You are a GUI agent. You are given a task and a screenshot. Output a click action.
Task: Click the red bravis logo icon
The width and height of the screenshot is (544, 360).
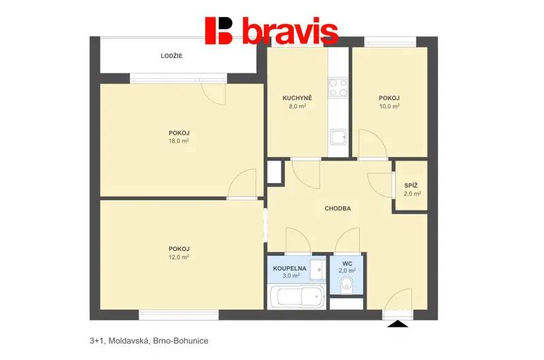point(219,31)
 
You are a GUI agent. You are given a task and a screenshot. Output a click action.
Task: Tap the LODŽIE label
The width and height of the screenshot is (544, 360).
point(171,56)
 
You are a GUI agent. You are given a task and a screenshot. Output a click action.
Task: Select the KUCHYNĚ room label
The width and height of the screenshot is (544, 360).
point(297,98)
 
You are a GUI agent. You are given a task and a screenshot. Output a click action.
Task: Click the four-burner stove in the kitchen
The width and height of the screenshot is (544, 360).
point(338,88)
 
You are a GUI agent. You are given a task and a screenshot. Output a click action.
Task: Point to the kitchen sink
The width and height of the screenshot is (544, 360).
point(338,137)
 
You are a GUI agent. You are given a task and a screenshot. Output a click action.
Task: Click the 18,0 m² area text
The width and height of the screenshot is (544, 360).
point(179,141)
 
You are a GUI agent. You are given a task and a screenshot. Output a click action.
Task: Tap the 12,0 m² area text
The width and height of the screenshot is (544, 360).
point(179,257)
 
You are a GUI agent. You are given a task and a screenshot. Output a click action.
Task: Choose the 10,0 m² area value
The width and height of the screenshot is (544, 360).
point(389,106)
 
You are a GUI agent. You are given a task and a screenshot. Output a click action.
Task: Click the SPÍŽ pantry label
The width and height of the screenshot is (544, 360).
point(411,186)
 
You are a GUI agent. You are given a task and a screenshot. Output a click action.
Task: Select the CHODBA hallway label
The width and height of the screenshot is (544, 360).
point(337,209)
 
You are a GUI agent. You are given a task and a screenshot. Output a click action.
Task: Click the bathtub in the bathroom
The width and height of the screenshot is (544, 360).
point(297,297)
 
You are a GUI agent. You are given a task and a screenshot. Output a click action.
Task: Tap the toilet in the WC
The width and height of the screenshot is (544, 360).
point(346,285)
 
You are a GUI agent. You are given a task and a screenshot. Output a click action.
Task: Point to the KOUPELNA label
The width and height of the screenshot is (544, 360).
point(290,268)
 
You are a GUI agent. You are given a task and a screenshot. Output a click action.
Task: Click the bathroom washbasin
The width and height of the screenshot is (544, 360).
point(318,269)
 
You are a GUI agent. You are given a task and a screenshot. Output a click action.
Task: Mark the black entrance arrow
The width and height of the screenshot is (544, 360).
point(398,324)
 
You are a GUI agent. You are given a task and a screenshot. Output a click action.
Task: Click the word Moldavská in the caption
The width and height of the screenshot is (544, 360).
point(129,341)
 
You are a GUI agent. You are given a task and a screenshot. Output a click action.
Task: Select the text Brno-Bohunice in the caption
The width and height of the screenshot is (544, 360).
point(181,341)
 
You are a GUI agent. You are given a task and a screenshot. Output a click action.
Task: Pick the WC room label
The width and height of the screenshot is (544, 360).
point(347,264)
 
